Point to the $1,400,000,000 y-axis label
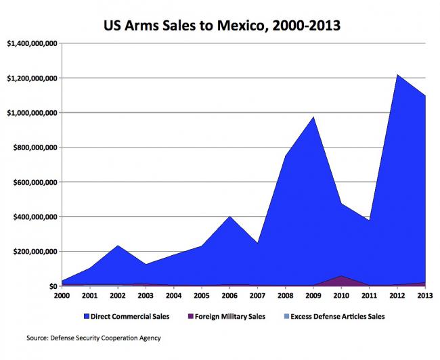click(x=32, y=43)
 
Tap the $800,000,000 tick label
click(x=34, y=148)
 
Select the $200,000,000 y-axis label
click(x=34, y=252)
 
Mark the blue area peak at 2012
click(x=396, y=75)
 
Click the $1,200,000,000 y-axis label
click(x=32, y=78)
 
